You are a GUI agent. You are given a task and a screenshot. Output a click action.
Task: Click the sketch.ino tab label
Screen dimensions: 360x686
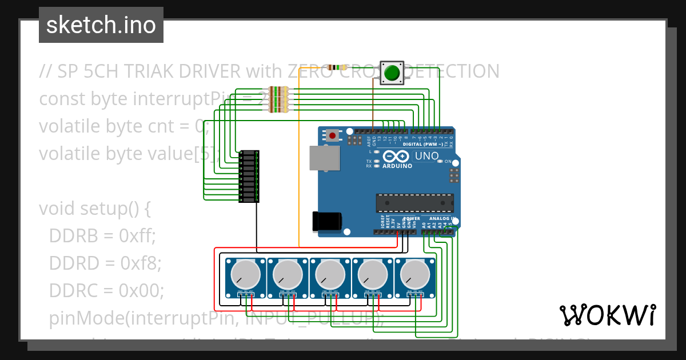101,25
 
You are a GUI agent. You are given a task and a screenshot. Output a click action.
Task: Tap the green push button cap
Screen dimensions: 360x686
392,73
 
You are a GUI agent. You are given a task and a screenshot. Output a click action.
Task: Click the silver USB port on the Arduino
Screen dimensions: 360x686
324,158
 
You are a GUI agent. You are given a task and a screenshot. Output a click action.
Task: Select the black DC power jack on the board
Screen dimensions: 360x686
326,221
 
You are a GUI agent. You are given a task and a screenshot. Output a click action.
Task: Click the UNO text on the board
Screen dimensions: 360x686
426,156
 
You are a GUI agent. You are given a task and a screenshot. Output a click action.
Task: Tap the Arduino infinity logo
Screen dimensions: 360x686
396,156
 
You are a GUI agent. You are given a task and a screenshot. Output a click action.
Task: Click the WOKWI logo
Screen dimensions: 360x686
607,315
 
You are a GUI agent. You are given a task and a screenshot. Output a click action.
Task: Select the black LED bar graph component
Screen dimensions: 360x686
249,176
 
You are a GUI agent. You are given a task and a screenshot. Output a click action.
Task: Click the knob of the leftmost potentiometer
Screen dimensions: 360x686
246,275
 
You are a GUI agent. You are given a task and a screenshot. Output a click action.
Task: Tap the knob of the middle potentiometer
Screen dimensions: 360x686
330,275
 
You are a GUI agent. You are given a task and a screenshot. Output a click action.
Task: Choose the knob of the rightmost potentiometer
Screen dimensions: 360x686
415,275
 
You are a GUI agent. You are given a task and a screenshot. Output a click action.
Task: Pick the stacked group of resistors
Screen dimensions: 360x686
278,99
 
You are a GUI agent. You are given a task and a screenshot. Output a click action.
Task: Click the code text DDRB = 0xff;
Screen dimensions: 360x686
102,235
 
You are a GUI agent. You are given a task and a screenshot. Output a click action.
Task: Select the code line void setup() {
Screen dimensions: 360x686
94,209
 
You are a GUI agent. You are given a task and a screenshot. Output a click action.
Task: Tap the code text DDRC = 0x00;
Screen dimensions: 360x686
106,290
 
